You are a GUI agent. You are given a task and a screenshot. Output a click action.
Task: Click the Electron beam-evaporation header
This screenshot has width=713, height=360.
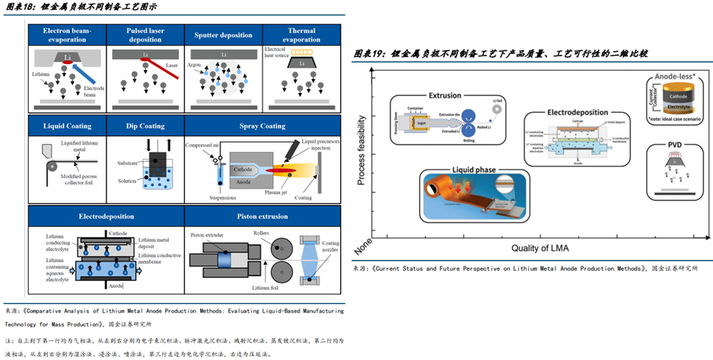(x=68, y=35)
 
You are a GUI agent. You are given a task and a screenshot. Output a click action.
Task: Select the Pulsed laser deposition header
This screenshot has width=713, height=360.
(x=145, y=35)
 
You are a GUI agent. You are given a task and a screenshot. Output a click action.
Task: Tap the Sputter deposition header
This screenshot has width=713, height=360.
(x=223, y=35)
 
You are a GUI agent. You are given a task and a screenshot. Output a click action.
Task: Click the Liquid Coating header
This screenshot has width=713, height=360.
(x=68, y=126)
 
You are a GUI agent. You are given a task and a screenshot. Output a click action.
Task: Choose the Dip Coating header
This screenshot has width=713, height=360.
(x=145, y=126)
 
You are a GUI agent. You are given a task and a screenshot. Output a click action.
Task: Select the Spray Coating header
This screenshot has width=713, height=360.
(x=261, y=126)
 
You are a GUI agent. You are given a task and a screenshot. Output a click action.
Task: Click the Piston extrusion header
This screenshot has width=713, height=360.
(x=261, y=216)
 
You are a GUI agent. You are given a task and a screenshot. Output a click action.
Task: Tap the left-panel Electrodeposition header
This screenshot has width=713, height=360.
(x=106, y=216)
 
